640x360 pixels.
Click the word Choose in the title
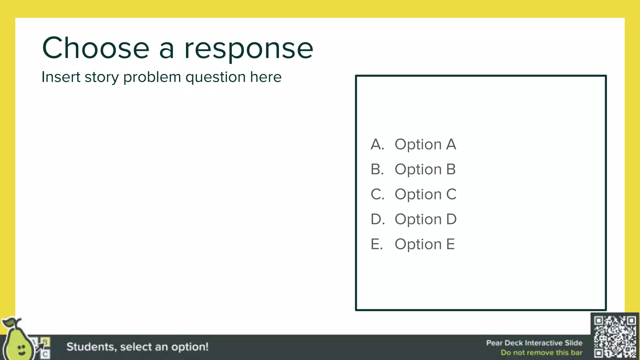point(96,48)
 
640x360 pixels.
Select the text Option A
point(425,144)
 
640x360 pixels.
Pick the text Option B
point(425,169)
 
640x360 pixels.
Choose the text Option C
point(425,194)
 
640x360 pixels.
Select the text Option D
point(425,219)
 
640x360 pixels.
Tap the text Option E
point(424,244)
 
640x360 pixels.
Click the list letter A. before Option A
point(377,144)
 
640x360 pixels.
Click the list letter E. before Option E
point(377,244)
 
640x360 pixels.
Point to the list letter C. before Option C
point(377,194)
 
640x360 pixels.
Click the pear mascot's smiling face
point(21,349)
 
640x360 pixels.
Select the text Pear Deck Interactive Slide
point(534,343)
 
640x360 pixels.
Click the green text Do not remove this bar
point(541,352)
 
